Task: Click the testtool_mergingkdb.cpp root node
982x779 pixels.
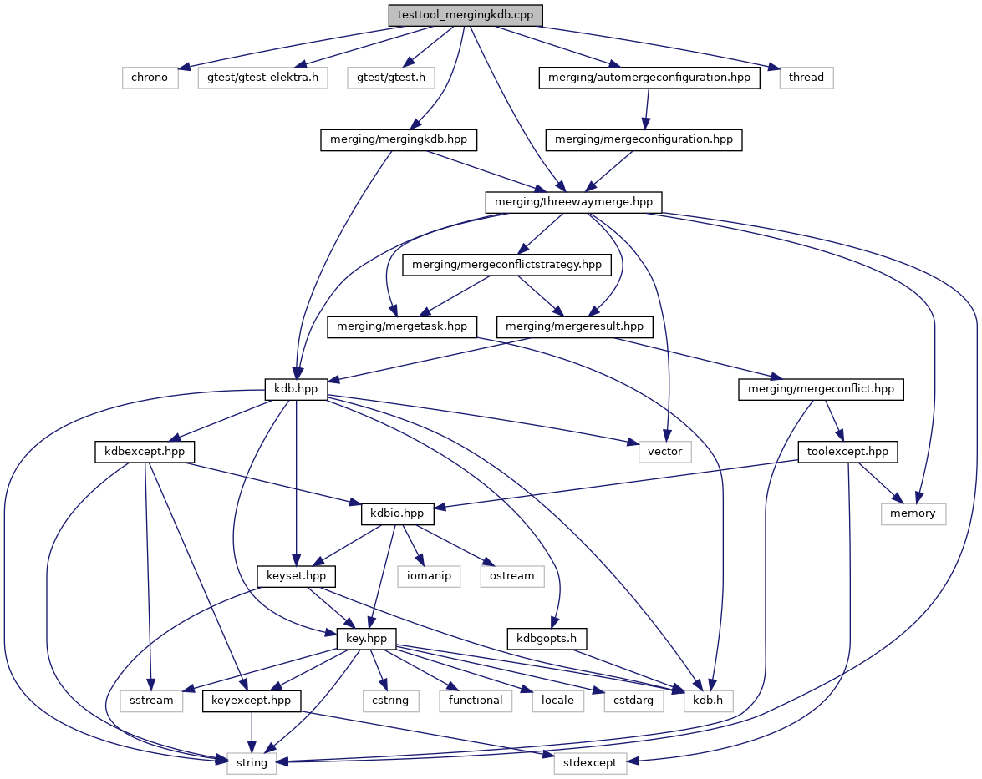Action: tap(466, 15)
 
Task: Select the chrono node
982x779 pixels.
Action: tap(150, 78)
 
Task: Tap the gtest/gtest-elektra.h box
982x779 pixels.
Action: tap(262, 78)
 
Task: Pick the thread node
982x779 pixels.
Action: tap(806, 78)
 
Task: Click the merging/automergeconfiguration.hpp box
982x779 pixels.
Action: tap(649, 78)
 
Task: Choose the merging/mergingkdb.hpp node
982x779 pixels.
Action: tap(399, 139)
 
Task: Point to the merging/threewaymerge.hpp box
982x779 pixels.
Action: tap(573, 202)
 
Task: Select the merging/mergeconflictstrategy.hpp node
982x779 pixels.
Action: tap(507, 265)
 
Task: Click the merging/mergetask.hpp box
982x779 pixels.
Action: tap(401, 326)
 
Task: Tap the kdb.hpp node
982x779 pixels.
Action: tap(296, 389)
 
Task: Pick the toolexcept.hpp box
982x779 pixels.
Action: tap(847, 452)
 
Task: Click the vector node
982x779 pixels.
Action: tap(665, 452)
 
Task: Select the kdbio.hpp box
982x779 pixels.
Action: tap(397, 513)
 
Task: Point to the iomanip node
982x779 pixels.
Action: tap(429, 576)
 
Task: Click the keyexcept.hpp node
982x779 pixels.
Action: tap(252, 701)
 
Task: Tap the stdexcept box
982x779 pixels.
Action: tap(590, 763)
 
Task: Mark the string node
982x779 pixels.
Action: tap(252, 763)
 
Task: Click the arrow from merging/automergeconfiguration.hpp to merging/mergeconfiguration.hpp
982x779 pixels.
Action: tap(647, 109)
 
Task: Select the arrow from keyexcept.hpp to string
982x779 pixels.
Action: tap(252, 732)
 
